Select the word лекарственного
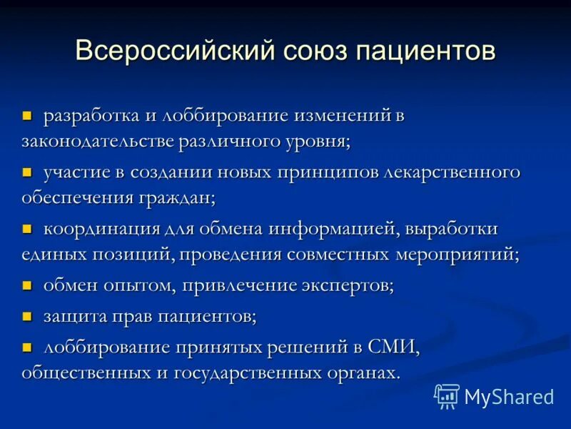[451, 173]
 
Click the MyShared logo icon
[447, 395]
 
